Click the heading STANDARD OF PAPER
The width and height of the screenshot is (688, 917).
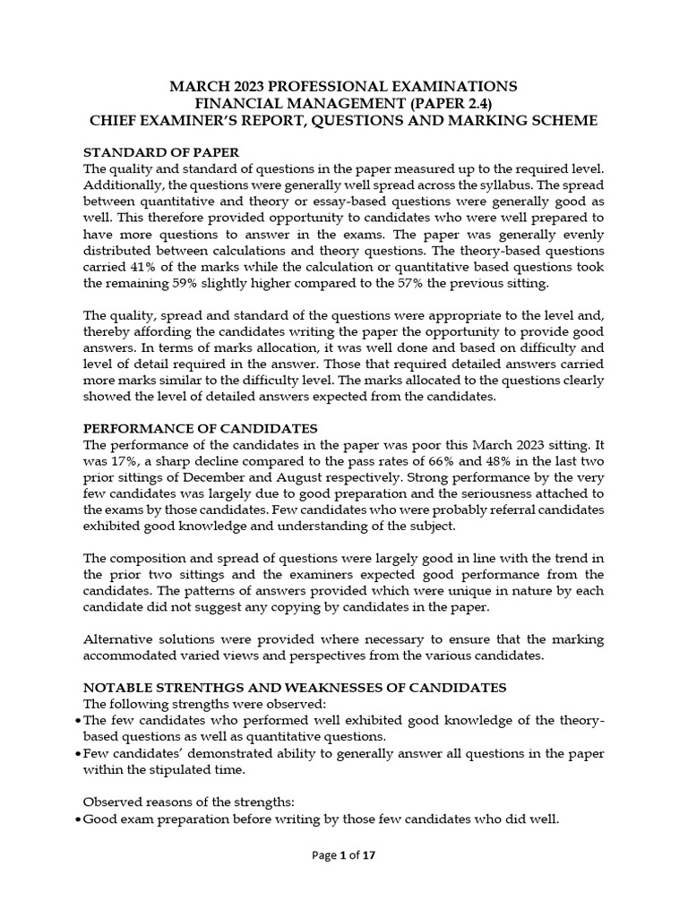click(x=161, y=152)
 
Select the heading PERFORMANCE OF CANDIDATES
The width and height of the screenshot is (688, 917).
click(x=200, y=427)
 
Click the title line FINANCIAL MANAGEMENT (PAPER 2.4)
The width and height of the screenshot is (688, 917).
click(x=344, y=103)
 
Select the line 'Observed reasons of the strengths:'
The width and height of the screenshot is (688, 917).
click(x=185, y=801)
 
